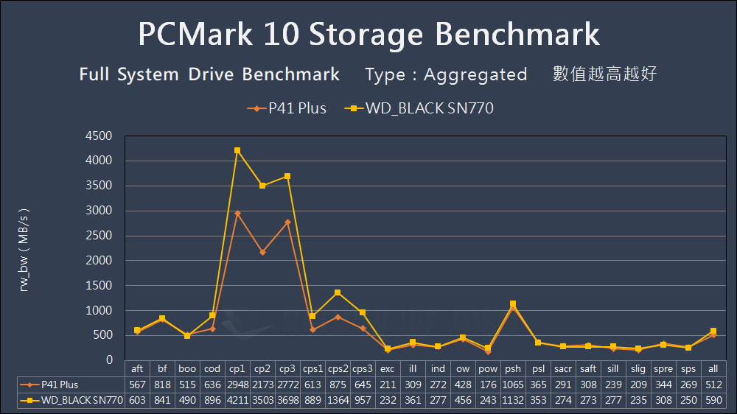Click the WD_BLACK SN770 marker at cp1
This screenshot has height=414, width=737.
coord(237,150)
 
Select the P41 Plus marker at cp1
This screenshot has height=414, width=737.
coord(237,214)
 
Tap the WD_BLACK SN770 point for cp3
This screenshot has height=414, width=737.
coord(287,176)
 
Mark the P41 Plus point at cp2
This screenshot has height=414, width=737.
coord(262,252)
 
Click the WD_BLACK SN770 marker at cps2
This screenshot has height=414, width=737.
coord(338,292)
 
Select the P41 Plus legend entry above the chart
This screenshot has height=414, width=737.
coord(287,108)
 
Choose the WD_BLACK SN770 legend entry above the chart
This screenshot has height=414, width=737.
coord(420,108)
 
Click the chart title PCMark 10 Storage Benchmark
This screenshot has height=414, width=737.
coord(368,35)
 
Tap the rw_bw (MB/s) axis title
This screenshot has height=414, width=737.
coord(24,248)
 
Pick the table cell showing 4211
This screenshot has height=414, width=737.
coord(237,399)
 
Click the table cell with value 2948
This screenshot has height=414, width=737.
coord(237,385)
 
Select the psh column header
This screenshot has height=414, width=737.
coord(513,369)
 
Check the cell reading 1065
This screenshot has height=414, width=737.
coord(513,385)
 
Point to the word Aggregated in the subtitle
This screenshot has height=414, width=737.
coord(475,74)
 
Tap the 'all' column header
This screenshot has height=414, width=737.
coord(713,369)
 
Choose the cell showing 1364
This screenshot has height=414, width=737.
coord(338,399)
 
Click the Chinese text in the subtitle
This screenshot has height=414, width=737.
coord(604,74)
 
